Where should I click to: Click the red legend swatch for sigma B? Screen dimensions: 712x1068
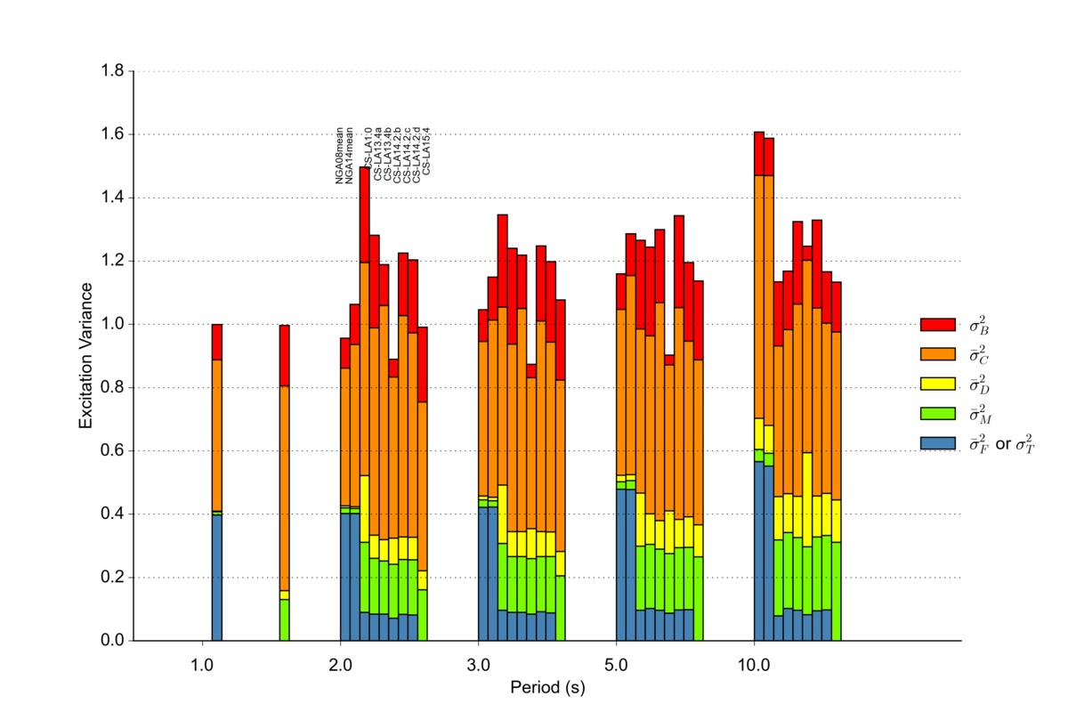(937, 325)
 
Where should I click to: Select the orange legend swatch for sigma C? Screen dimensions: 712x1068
(937, 354)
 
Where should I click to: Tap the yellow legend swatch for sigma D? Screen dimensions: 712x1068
(937, 384)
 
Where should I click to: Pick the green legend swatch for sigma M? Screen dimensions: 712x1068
(937, 413)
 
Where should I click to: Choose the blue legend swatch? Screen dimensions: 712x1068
(937, 442)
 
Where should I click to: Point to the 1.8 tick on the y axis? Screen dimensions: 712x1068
(113, 71)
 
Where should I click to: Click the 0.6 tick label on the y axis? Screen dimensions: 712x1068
(113, 451)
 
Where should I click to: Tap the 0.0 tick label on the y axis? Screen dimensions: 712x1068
(113, 641)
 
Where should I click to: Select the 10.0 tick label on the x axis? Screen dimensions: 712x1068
(754, 664)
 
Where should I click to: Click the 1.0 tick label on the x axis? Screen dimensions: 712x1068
(202, 664)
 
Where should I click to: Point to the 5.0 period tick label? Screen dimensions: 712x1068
(616, 664)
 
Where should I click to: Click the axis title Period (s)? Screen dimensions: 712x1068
(547, 687)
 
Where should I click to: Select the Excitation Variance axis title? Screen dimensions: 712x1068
(86, 356)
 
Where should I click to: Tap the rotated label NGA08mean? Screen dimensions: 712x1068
(340, 157)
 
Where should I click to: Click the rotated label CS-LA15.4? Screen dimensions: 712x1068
(426, 151)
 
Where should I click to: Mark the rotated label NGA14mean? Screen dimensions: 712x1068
(350, 157)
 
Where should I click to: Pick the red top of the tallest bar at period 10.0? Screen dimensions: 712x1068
(759, 153)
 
